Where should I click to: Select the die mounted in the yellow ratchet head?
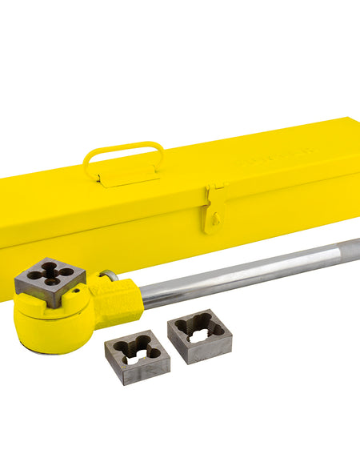[x=50, y=278]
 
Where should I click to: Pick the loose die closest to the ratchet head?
[x=137, y=352]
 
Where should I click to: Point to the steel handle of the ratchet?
[x=256, y=273]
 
